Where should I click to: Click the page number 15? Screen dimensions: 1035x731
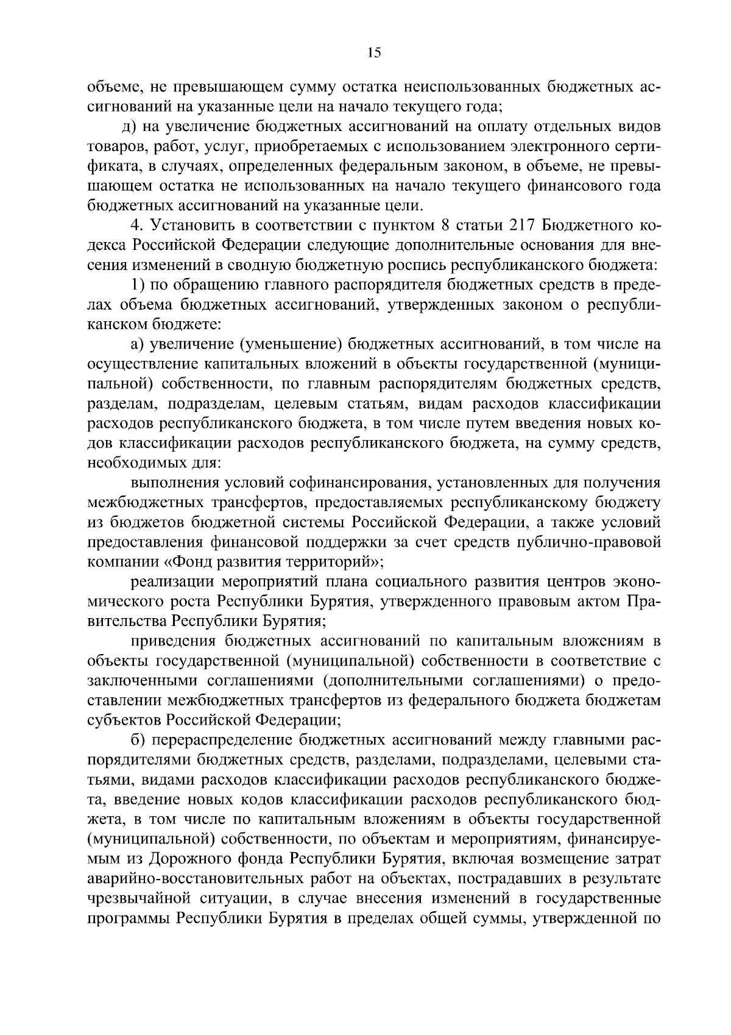pos(373,53)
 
